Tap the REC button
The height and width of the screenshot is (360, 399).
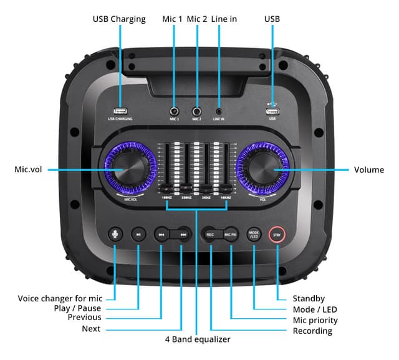pos(211,235)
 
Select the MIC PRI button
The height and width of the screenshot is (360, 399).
pos(230,235)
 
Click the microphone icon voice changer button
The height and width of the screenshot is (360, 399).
pos(115,235)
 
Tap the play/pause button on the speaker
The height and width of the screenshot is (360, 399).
pos(138,235)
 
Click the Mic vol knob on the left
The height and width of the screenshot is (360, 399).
pos(130,169)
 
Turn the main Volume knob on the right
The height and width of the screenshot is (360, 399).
pos(265,169)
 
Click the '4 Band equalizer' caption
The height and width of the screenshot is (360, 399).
pos(197,339)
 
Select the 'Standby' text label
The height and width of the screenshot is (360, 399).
pos(309,298)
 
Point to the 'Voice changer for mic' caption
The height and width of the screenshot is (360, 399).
pos(59,298)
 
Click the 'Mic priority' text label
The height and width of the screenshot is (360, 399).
pos(315,320)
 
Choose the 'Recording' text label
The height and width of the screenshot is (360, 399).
pos(312,331)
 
